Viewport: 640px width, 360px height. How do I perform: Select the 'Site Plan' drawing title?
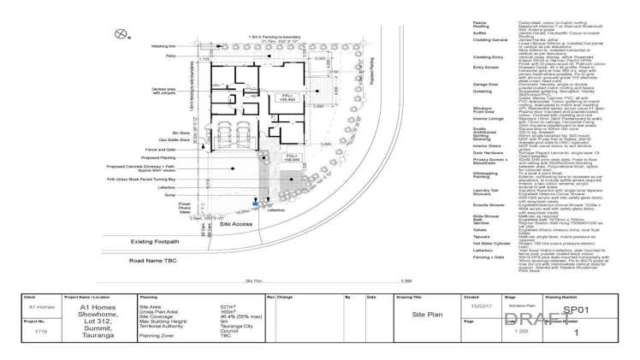[x=425, y=315]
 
